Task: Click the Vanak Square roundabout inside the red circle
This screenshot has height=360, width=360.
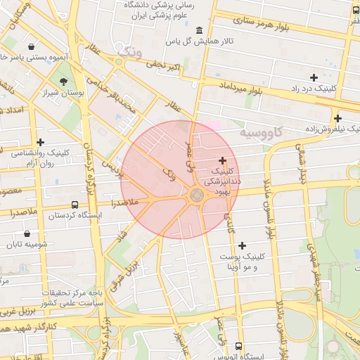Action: [x=195, y=196]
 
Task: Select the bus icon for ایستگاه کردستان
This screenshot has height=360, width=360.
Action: [x=75, y=205]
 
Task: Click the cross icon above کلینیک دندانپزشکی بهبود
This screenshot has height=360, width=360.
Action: [x=223, y=161]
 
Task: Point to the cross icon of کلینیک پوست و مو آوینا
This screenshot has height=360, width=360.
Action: [x=243, y=245]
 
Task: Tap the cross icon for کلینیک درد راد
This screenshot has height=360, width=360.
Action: [x=314, y=77]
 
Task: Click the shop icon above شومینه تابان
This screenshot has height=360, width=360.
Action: [x=27, y=233]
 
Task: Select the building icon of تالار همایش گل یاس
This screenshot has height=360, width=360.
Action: [x=200, y=31]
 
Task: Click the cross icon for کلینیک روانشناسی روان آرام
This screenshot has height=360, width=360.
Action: [x=40, y=142]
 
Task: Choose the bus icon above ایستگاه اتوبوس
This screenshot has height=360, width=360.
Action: [x=240, y=347]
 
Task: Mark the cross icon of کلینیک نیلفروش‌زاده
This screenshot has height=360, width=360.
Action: [x=337, y=118]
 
